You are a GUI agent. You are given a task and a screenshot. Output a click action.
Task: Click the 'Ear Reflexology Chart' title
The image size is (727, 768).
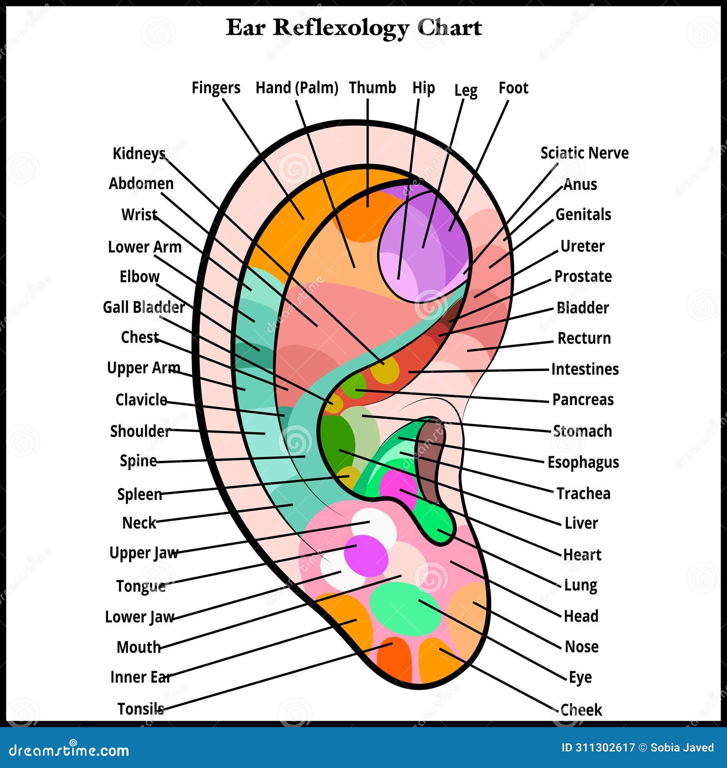point(354,28)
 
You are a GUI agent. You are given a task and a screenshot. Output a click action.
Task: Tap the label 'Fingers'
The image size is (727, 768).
point(216,88)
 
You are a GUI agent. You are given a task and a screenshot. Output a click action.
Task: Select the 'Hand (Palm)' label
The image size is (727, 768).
point(297,88)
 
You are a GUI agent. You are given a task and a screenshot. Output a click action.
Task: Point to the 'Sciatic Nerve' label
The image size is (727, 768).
point(584,153)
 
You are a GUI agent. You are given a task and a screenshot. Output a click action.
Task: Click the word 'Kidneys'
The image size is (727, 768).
point(139,154)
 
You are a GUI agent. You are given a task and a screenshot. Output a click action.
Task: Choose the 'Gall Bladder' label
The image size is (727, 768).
point(144,307)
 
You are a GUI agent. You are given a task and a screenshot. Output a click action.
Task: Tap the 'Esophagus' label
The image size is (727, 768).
point(583,462)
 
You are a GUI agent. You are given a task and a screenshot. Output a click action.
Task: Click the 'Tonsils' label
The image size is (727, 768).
point(140,708)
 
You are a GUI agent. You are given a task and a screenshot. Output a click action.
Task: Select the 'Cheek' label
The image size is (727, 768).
point(581,709)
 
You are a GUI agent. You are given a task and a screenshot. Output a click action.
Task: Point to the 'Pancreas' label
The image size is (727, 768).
point(583,399)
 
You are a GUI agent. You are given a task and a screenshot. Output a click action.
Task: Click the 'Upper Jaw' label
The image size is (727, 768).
point(144,553)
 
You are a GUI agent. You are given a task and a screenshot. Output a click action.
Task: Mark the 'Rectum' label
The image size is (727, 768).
point(584,338)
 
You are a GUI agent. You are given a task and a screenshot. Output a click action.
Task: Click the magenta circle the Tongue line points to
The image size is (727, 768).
point(366,554)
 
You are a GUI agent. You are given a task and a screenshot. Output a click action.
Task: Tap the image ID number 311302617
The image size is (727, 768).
point(598,748)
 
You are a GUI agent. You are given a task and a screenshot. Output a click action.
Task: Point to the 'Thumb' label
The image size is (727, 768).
point(372,88)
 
